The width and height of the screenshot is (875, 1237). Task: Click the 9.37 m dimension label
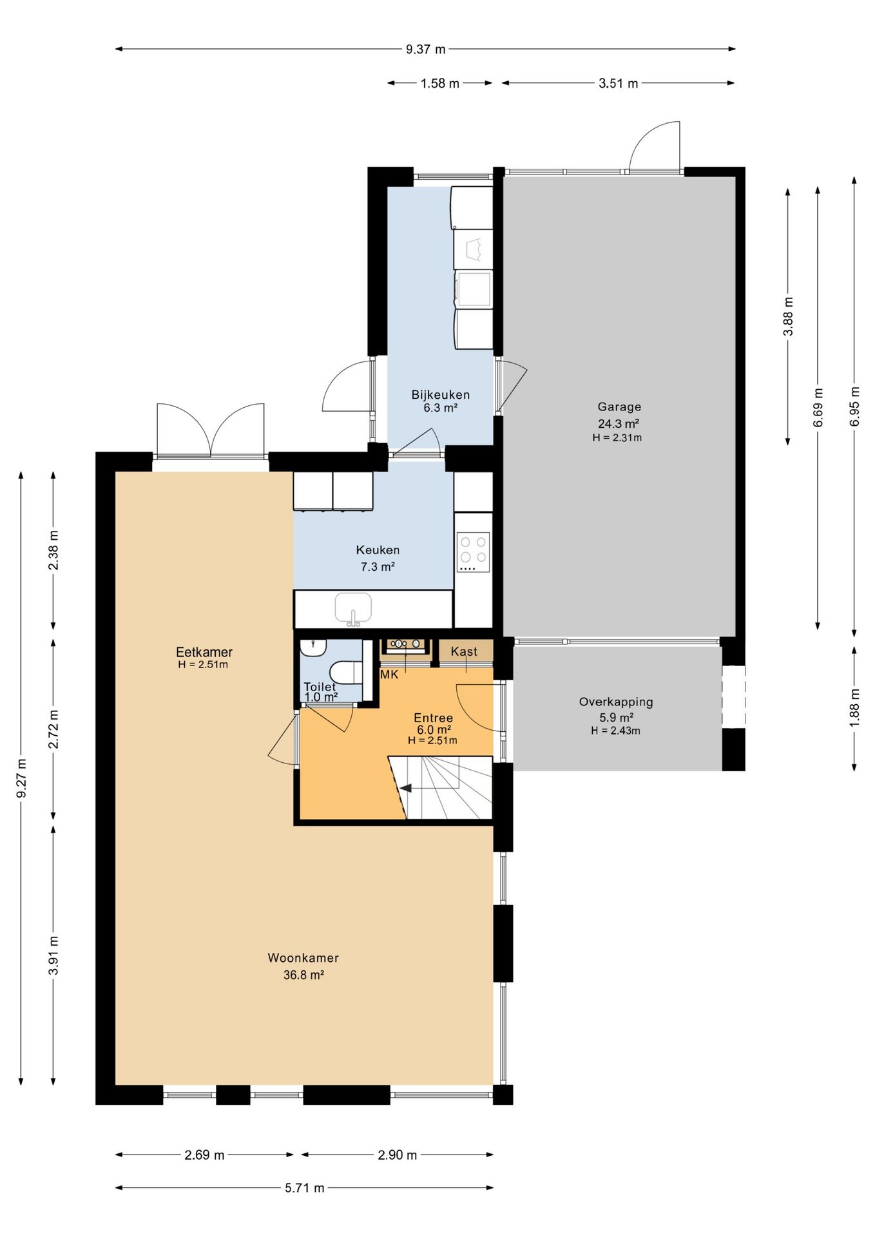coord(425,49)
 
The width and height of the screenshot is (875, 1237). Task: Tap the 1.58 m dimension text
coord(440,83)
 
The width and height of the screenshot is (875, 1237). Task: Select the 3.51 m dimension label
coord(618,83)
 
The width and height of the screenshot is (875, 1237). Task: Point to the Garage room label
coord(619,407)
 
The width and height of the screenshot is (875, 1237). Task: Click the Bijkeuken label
coord(441,394)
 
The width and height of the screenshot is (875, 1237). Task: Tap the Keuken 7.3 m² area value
coord(378,567)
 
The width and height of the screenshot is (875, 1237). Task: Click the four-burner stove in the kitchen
coord(474,551)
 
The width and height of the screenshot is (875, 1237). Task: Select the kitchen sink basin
coord(353,608)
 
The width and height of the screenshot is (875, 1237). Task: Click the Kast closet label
coord(464,651)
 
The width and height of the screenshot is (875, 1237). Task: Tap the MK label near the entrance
coord(389,675)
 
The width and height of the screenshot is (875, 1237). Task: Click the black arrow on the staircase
coord(406,788)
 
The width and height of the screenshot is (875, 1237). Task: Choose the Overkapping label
coord(616,702)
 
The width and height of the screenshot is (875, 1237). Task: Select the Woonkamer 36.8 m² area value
coord(303,975)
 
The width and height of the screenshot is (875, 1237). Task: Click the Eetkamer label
coord(204,652)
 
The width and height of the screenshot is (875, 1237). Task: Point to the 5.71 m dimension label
coord(305,1188)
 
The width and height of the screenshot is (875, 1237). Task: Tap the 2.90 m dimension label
coord(397,1155)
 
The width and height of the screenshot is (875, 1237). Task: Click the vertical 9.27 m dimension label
coord(21,778)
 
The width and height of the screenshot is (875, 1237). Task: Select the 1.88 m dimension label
coord(854,708)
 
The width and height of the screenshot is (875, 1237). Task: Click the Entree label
coord(433,718)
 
